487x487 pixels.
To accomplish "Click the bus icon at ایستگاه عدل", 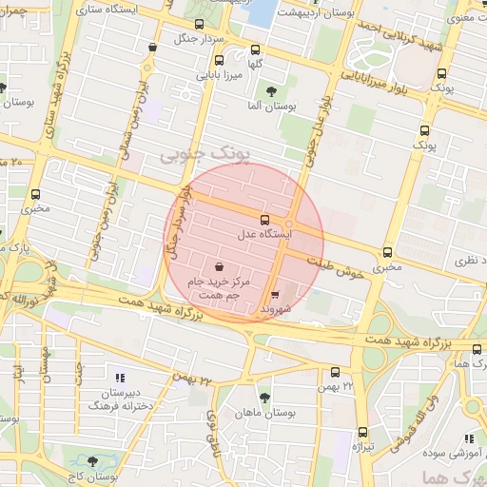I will pyautogui.click(x=265, y=219).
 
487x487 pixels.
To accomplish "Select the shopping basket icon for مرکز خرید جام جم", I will pyautogui.click(x=221, y=267).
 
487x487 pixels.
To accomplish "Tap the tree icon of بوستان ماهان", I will pyautogui.click(x=264, y=399).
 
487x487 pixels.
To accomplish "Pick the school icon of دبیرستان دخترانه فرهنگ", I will pyautogui.click(x=119, y=377).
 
